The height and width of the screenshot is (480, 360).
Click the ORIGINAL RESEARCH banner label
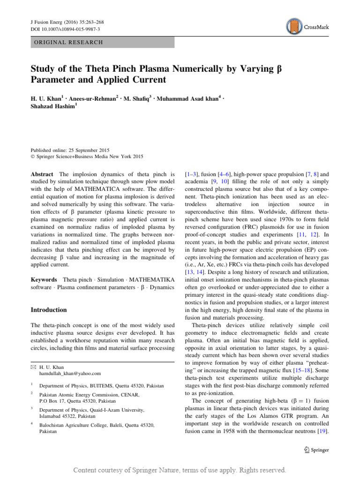click(67, 42)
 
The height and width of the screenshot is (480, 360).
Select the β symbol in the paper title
click(269, 69)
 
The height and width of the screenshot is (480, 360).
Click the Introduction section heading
click(49, 310)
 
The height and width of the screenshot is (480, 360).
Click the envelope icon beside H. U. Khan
click(33, 367)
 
